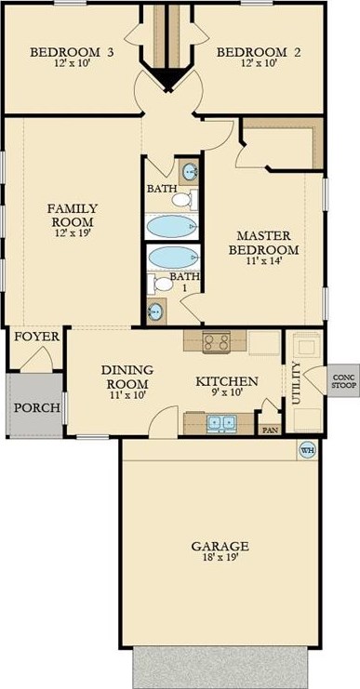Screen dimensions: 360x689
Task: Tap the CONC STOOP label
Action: tap(343, 381)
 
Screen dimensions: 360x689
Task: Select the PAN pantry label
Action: tap(271, 431)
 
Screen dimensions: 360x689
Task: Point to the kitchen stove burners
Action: tap(215, 340)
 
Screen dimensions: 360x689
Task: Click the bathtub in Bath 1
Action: tap(172, 258)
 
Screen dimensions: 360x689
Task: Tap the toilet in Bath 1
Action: tap(160, 283)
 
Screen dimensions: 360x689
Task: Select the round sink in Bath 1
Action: tap(155, 311)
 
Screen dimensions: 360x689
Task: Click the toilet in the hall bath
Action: tap(184, 200)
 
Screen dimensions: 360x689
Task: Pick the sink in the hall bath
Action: tap(191, 171)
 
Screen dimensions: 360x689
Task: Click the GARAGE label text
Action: tap(220, 546)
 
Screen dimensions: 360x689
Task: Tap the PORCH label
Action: tap(36, 407)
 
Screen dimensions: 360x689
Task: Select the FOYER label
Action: tap(37, 337)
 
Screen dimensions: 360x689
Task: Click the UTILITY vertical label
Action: tap(296, 383)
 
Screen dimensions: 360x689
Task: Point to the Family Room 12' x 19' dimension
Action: tap(72, 232)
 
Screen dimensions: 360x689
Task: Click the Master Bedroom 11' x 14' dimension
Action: tap(268, 259)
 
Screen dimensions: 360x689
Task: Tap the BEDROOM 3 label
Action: tap(72, 52)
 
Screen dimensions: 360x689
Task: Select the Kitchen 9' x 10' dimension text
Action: tap(226, 392)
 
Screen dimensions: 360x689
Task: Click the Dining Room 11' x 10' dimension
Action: tap(127, 394)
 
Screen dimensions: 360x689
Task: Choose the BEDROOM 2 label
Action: tap(260, 52)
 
